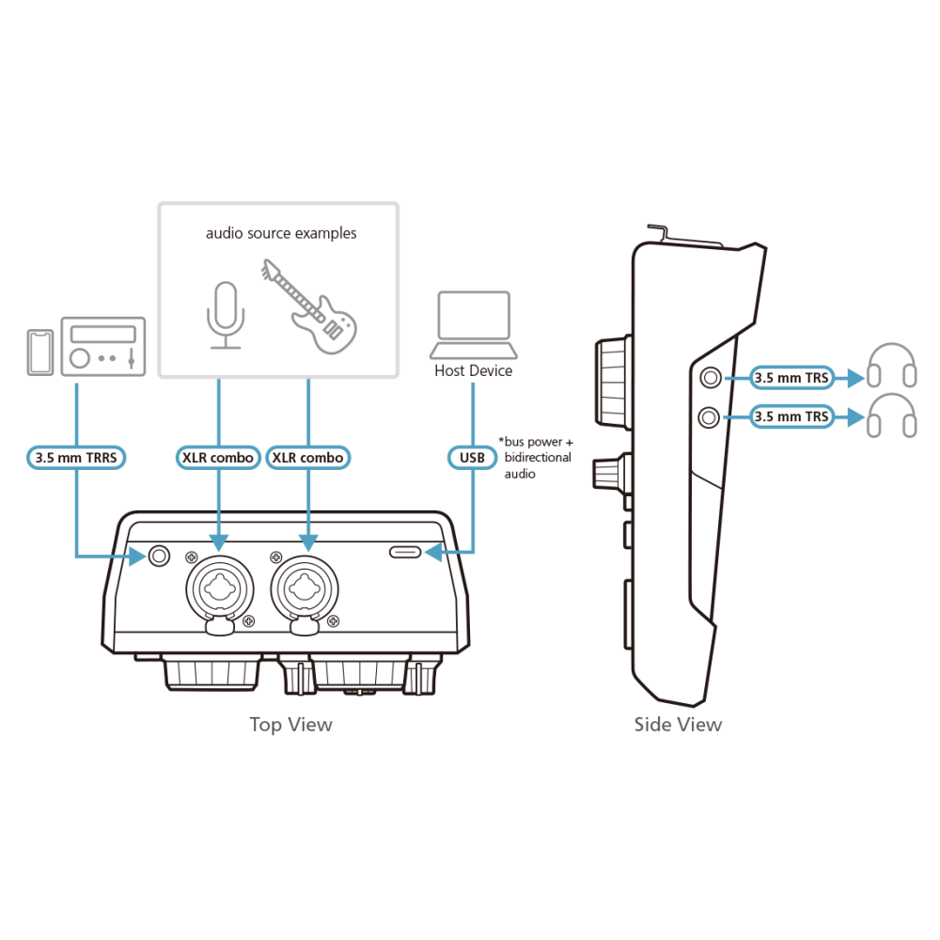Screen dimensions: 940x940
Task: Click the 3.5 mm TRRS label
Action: [x=76, y=458]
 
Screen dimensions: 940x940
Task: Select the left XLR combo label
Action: [x=218, y=458]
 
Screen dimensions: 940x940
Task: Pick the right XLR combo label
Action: [x=308, y=458]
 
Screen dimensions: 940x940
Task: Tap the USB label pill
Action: [x=473, y=458]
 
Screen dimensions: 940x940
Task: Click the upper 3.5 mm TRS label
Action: [x=791, y=378]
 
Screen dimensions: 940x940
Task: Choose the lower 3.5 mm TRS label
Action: [x=791, y=416]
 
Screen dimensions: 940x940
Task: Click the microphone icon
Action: [x=226, y=315]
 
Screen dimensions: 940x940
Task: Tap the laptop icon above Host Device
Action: [x=474, y=324]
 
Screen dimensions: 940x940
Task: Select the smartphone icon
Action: [x=40, y=352]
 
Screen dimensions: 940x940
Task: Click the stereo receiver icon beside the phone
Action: [x=103, y=347]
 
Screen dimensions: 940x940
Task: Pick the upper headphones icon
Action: [x=892, y=365]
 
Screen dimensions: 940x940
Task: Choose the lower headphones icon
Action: [x=892, y=415]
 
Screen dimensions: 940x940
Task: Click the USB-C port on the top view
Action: [x=405, y=552]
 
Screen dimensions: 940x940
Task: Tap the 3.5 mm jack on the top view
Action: [x=159, y=556]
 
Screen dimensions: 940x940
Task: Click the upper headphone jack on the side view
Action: [x=711, y=378]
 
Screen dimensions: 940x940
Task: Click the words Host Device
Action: [x=474, y=371]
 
